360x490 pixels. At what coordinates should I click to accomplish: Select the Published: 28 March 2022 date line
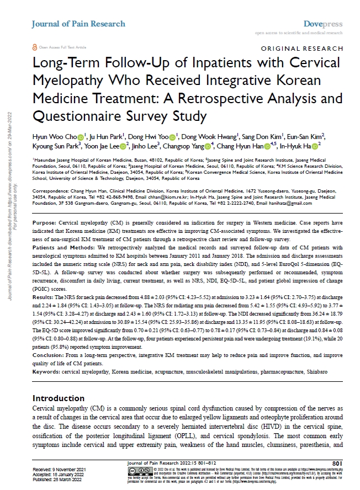(52, 480)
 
